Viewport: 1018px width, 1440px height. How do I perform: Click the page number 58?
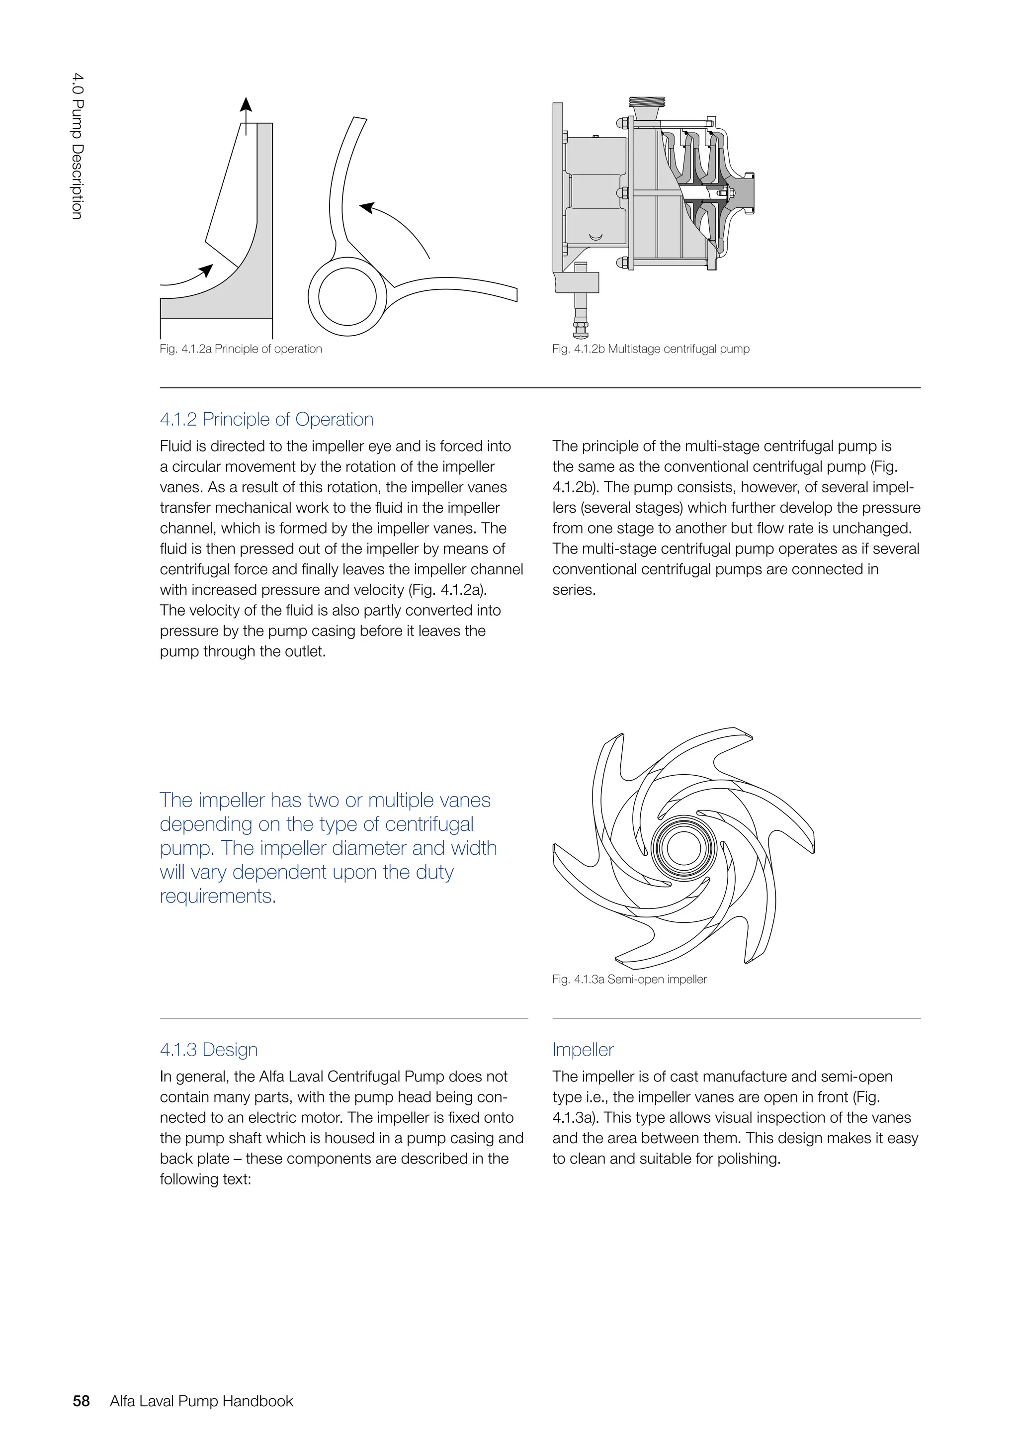[82, 1401]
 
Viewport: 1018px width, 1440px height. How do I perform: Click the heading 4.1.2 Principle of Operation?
[266, 419]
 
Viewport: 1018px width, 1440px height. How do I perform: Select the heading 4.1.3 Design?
[209, 1049]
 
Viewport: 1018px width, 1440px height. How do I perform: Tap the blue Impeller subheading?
[583, 1049]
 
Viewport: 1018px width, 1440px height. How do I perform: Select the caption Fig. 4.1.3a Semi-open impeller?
[629, 979]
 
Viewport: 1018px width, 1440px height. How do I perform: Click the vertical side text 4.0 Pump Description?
[77, 146]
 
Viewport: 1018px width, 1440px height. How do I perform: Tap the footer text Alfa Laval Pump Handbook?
[201, 1401]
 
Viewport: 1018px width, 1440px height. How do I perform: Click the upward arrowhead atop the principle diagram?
[247, 105]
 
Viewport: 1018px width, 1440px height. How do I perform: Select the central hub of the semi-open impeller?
[683, 848]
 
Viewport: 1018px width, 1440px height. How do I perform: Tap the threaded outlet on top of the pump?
[646, 101]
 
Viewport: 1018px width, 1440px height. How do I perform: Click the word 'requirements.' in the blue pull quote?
[218, 896]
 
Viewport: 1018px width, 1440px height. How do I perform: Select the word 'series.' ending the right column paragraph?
[574, 590]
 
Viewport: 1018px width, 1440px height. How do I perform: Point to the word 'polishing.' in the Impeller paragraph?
[749, 1159]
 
